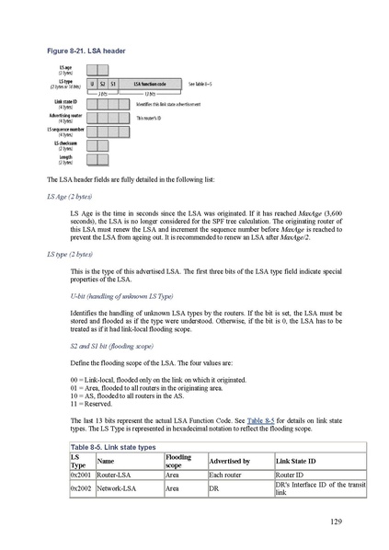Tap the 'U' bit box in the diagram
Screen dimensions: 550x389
(x=92, y=83)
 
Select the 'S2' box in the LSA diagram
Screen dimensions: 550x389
(x=102, y=83)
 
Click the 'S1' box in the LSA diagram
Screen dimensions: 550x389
(x=113, y=83)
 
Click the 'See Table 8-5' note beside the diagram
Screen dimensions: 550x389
(x=200, y=83)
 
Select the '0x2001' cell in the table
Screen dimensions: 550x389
(x=80, y=476)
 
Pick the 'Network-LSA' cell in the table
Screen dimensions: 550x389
(x=118, y=489)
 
